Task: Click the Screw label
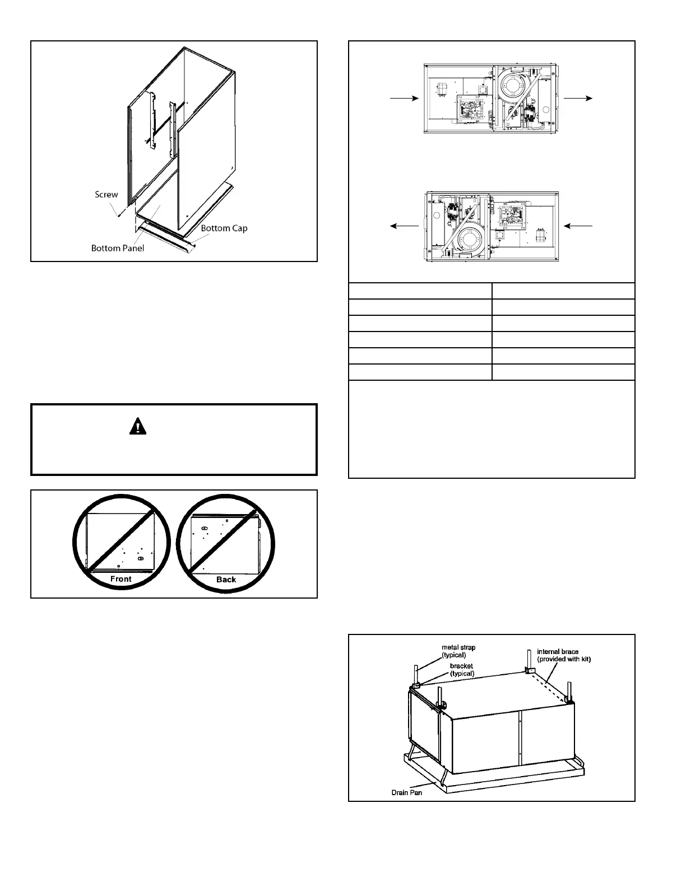[106, 194]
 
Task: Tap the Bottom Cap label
[224, 228]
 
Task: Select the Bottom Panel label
[118, 248]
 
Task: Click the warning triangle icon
[137, 427]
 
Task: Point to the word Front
[121, 579]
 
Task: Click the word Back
[226, 580]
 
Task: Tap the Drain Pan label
[406, 792]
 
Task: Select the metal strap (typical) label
[458, 651]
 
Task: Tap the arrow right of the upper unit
[578, 97]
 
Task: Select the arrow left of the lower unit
[404, 225]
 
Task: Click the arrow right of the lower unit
[578, 225]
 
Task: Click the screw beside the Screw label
[119, 213]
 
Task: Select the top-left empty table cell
[420, 291]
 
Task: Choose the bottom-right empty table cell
[563, 372]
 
